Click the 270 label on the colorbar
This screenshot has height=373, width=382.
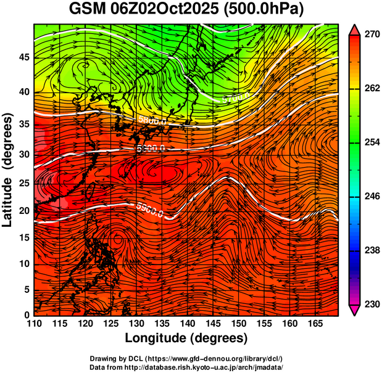coord(372,35)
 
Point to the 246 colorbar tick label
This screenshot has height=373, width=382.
coord(372,197)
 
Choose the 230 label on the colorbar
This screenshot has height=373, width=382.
coord(372,304)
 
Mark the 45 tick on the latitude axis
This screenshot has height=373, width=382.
coord(23,57)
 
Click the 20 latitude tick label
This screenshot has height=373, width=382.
coord(23,211)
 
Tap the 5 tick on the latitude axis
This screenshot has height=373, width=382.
coord(26,289)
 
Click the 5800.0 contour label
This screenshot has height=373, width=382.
coord(152,121)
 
